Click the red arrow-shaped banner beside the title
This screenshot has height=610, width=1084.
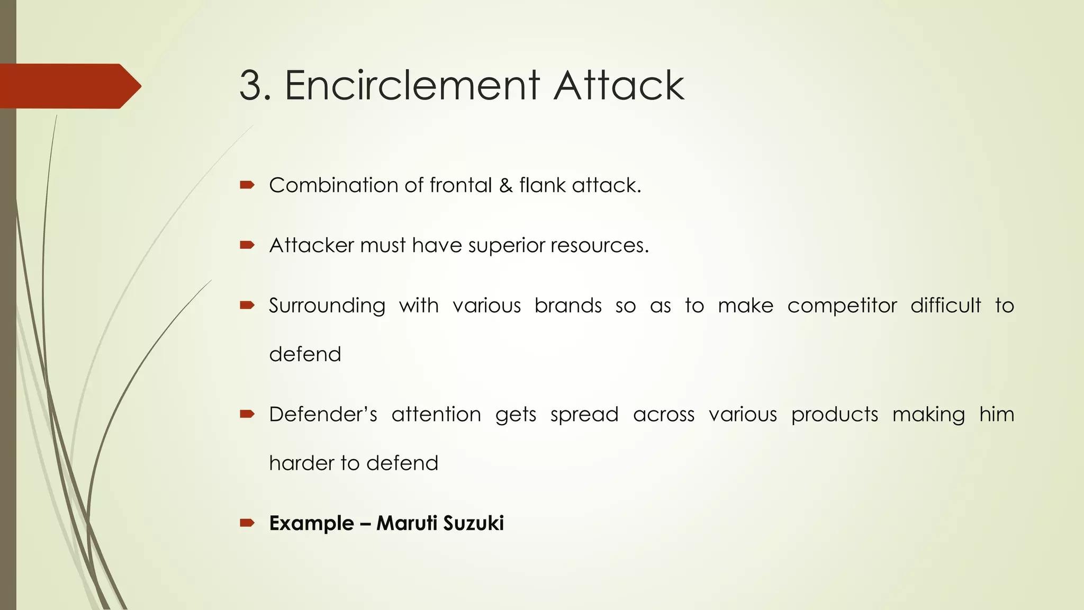[x=69, y=86]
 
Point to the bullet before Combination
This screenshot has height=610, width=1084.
[x=247, y=185]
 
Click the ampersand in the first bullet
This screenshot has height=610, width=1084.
[x=505, y=185]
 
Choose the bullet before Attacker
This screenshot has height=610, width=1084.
[x=247, y=245]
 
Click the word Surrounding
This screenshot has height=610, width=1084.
[x=327, y=306]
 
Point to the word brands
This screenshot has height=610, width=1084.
[x=568, y=306]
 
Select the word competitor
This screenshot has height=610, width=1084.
[x=842, y=306]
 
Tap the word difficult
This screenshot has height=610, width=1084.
[x=945, y=306]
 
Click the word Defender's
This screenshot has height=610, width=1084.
[x=323, y=414]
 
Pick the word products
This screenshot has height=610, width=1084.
[x=834, y=415]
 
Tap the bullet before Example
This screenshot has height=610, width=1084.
[x=247, y=523]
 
